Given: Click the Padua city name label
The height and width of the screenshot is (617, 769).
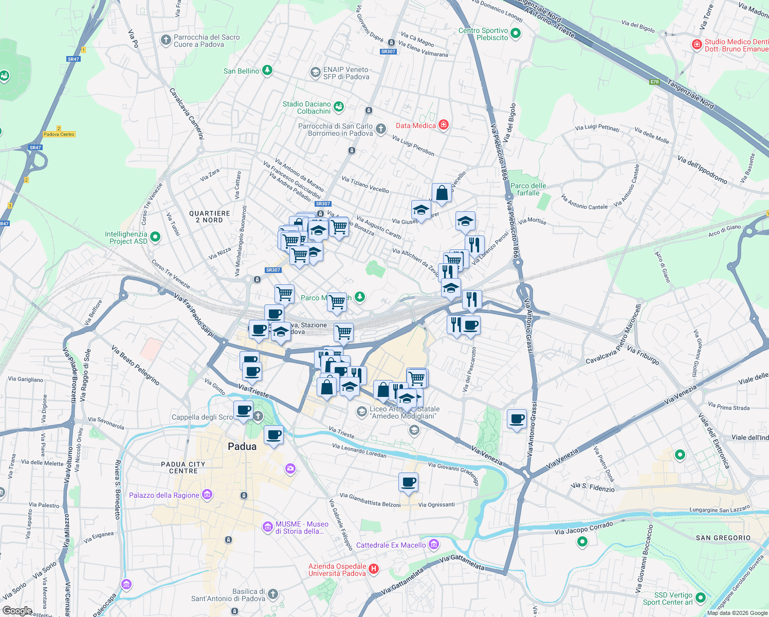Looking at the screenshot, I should [242, 446].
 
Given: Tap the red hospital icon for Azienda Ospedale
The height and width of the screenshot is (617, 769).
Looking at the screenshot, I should [374, 569].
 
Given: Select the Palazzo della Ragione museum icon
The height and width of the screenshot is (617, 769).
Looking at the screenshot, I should [207, 495].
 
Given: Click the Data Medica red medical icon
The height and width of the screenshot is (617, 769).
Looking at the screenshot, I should [444, 125].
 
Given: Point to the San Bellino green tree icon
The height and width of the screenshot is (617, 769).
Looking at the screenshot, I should [267, 70].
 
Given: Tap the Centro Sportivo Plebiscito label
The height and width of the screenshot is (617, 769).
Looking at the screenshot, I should [483, 34].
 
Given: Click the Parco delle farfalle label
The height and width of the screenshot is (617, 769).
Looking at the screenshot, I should [528, 189].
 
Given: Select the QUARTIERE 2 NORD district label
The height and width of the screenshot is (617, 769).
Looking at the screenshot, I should [209, 216].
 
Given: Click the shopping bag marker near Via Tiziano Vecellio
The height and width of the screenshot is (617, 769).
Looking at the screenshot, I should [442, 194].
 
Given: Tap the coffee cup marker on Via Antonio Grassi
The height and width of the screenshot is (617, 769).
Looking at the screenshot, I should [517, 419].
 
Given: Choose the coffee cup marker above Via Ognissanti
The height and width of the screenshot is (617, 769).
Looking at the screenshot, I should [408, 482].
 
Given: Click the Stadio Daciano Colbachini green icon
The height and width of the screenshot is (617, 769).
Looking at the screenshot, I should [339, 107].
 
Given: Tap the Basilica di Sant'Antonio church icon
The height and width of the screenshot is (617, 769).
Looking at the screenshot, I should [273, 594].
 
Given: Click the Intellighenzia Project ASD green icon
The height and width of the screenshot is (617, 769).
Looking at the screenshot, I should [155, 237].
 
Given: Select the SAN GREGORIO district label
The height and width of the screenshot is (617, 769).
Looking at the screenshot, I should [723, 538].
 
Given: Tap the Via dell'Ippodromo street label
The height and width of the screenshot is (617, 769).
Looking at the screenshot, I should [702, 170].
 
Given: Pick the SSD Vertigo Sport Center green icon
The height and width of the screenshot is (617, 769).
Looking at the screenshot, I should [700, 598].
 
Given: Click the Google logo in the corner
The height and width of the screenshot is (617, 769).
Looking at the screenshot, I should [17, 611].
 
